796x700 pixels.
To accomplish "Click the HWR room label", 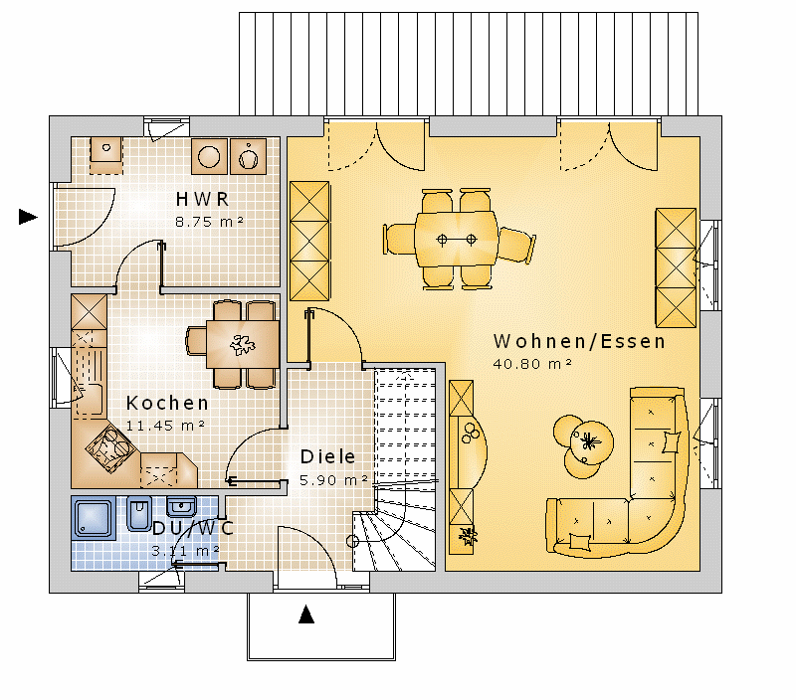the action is click(x=203, y=199).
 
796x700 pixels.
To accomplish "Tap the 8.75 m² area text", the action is click(x=209, y=222).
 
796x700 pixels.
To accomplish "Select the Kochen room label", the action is click(x=167, y=404).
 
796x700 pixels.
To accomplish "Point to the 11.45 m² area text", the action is click(x=165, y=426).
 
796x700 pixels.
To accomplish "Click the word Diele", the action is click(x=328, y=456).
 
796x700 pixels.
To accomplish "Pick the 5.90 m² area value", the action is click(x=333, y=480).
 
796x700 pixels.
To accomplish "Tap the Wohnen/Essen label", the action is click(x=579, y=341).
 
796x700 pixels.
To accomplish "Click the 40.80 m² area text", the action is click(x=532, y=364).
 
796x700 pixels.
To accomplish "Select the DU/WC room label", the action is click(x=193, y=528).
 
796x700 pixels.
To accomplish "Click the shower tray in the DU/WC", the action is click(x=94, y=518).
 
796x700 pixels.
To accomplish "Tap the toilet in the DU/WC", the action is click(x=138, y=513).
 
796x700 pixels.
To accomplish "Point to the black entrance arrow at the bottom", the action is click(x=306, y=613).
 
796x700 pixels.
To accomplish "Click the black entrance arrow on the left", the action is click(x=28, y=217).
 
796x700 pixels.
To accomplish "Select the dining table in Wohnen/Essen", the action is click(x=456, y=239).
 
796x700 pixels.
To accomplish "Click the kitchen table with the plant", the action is click(x=243, y=344).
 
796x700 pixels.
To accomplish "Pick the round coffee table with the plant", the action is click(x=590, y=442).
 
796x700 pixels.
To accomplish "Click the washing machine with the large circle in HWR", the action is click(x=209, y=156).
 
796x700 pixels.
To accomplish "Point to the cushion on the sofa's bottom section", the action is click(x=580, y=542).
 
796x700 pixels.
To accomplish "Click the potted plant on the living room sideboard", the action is click(x=467, y=536).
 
